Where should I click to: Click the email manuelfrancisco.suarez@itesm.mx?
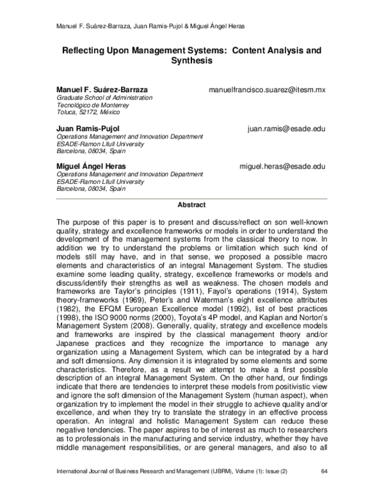[x=267, y=90]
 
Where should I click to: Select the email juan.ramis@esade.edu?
[x=286, y=129]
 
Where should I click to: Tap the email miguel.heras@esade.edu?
[x=282, y=167]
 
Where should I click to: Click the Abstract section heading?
[x=191, y=205]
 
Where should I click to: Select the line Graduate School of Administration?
[x=105, y=98]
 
